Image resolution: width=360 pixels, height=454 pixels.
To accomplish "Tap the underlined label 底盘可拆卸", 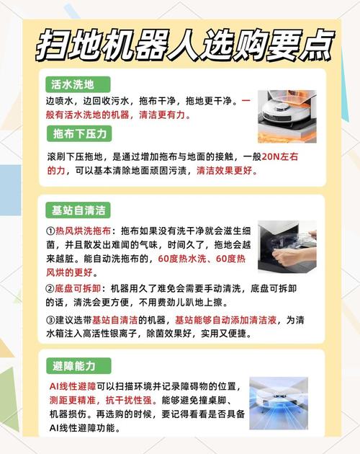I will (x=78, y=288).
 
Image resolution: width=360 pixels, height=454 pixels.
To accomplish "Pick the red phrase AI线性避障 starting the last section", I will (x=73, y=386).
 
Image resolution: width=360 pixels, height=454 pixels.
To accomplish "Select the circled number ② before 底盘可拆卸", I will (x=50, y=288).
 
